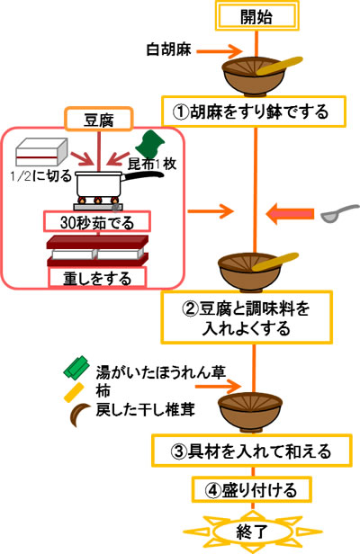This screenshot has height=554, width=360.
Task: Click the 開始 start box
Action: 257,16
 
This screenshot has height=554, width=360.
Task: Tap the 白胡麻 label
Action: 168,49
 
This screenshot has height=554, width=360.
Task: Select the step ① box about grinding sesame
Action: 254,112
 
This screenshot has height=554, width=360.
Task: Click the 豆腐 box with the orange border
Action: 99,120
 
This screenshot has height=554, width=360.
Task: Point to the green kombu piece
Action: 150,144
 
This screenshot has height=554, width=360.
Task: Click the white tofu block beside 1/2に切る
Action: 41,152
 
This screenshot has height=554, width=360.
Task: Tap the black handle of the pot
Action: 143,175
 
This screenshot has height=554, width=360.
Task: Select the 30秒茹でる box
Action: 97,222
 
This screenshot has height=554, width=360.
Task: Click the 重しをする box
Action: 97,278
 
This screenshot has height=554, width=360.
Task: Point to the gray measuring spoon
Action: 339,213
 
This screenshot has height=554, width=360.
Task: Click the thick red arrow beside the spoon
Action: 290,214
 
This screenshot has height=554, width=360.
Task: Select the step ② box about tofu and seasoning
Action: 247,317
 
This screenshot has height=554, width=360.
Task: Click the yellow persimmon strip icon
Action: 74,392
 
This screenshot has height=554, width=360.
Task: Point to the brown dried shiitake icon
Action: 78,414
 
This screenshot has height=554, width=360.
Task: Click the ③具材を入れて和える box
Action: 252,451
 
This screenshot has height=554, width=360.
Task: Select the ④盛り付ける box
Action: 252,489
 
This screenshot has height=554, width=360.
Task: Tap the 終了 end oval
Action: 252,532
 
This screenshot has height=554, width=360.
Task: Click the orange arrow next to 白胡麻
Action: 219,51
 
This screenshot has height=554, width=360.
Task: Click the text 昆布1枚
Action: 152,164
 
